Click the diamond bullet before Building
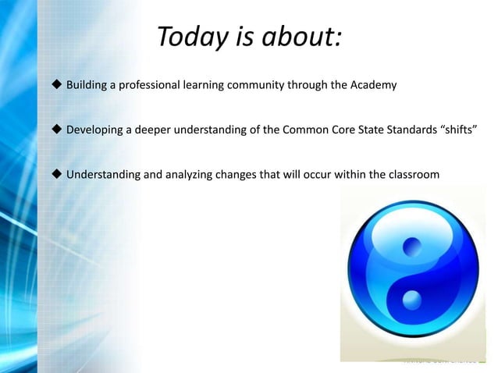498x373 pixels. (56, 84)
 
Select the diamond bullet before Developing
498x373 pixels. (56, 129)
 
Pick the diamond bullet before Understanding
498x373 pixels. (56, 173)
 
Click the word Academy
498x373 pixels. (373, 84)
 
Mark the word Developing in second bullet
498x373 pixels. (96, 129)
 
